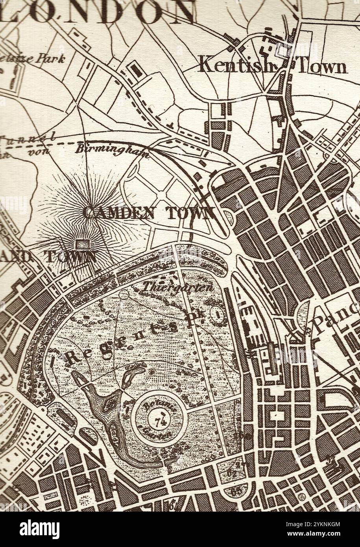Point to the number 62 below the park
[232, 473]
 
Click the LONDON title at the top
[98, 11]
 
